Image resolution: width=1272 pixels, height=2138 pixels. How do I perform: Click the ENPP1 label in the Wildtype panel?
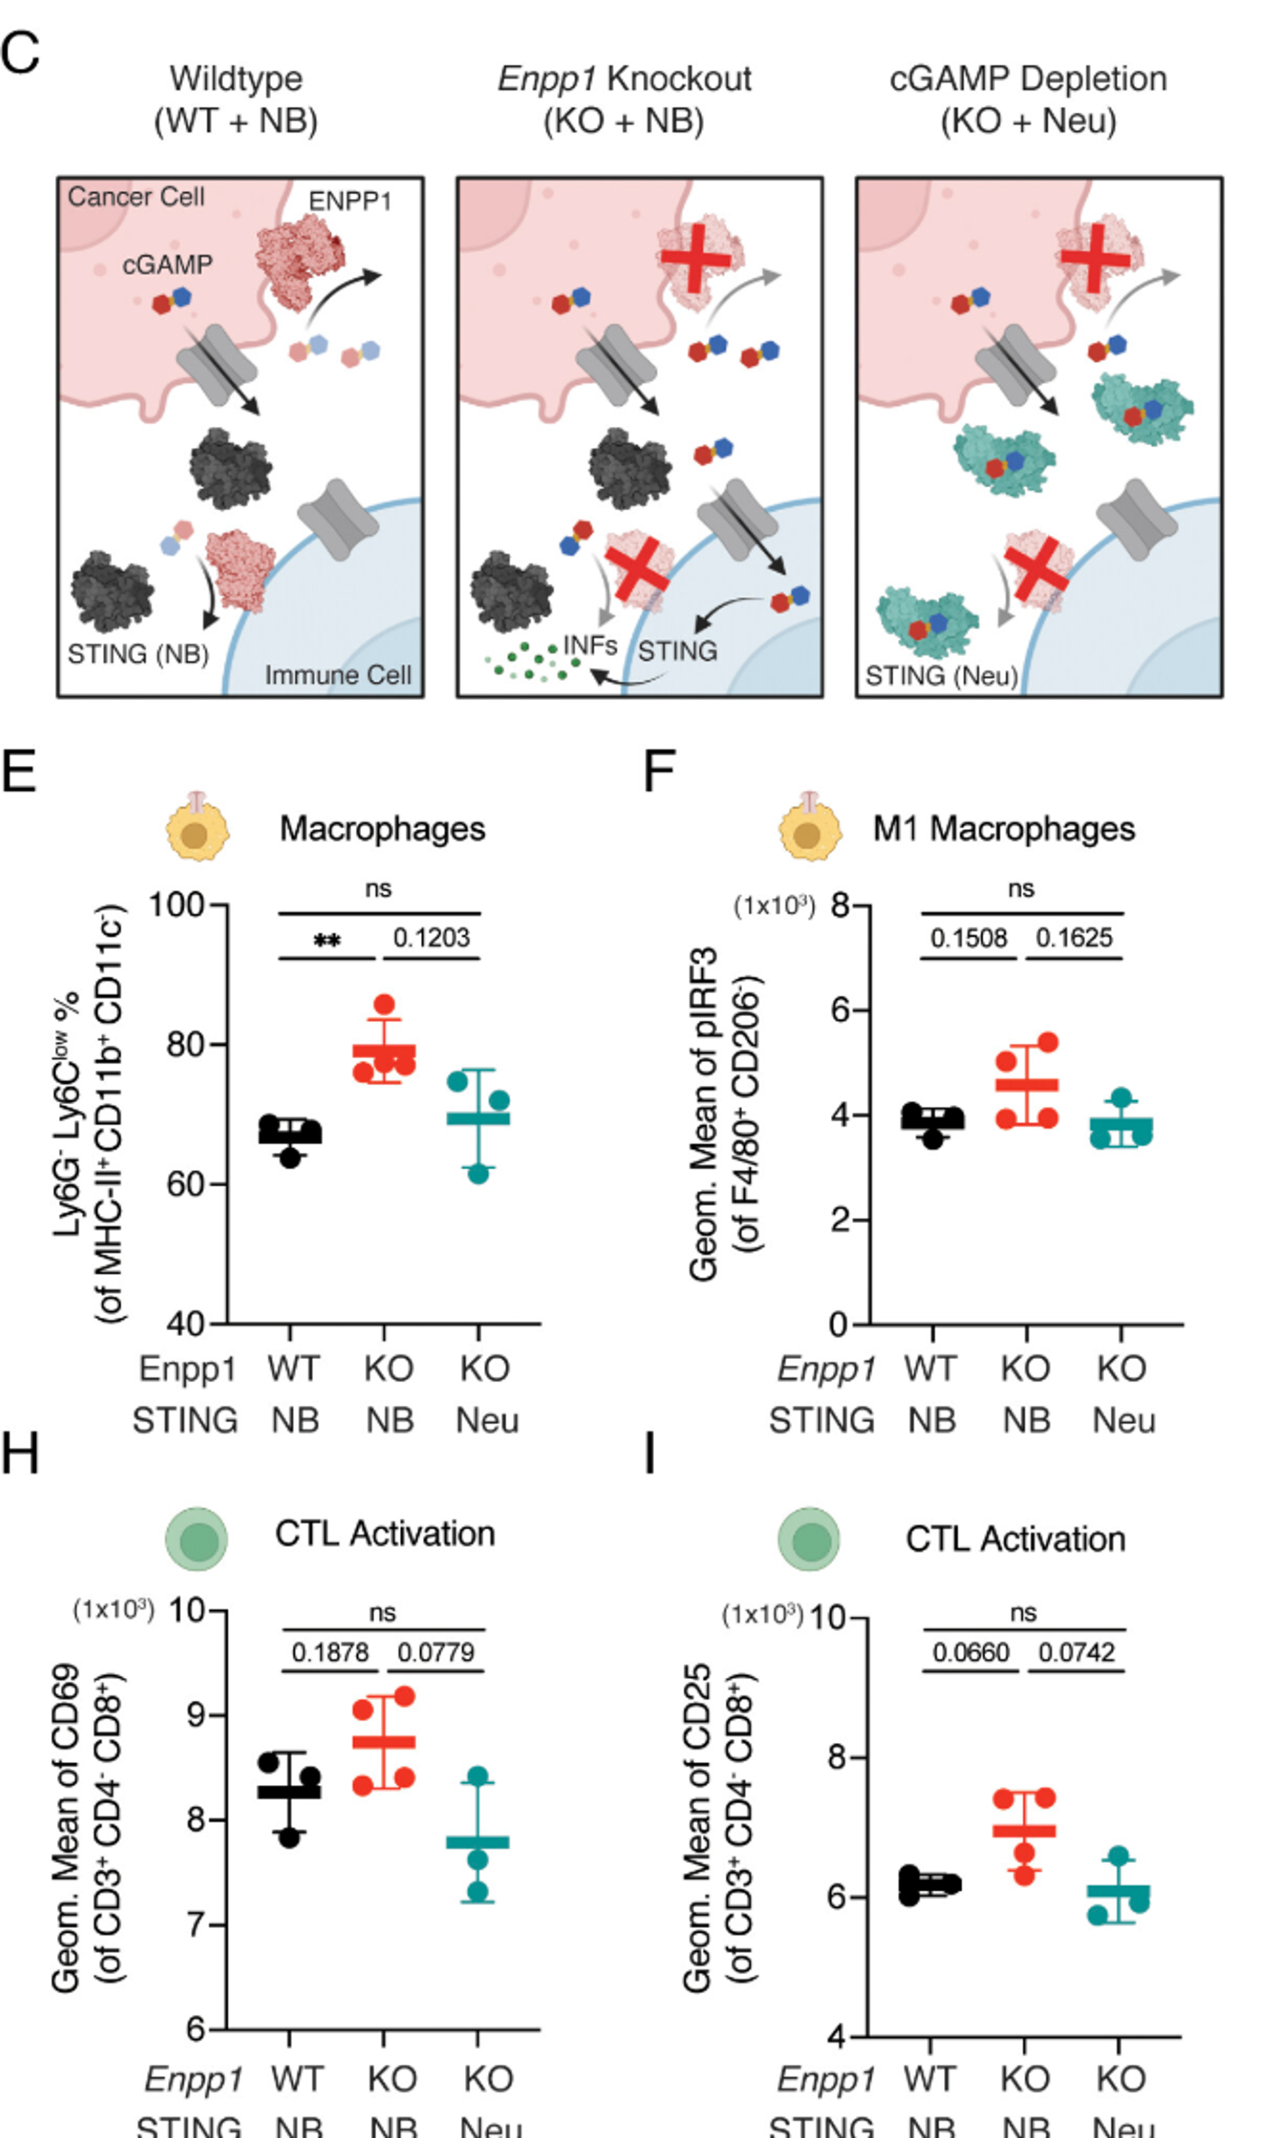pyautogui.click(x=350, y=201)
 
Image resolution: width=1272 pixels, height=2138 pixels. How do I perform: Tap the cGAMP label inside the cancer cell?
pyautogui.click(x=167, y=265)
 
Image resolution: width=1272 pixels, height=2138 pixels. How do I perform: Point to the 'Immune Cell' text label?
pyautogui.click(x=338, y=675)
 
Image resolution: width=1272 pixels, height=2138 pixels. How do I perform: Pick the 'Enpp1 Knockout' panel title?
pyautogui.click(x=624, y=79)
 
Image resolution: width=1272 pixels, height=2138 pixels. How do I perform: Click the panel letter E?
pyautogui.click(x=19, y=771)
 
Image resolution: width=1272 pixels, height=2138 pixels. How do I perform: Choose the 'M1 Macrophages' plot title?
pyautogui.click(x=1004, y=828)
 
